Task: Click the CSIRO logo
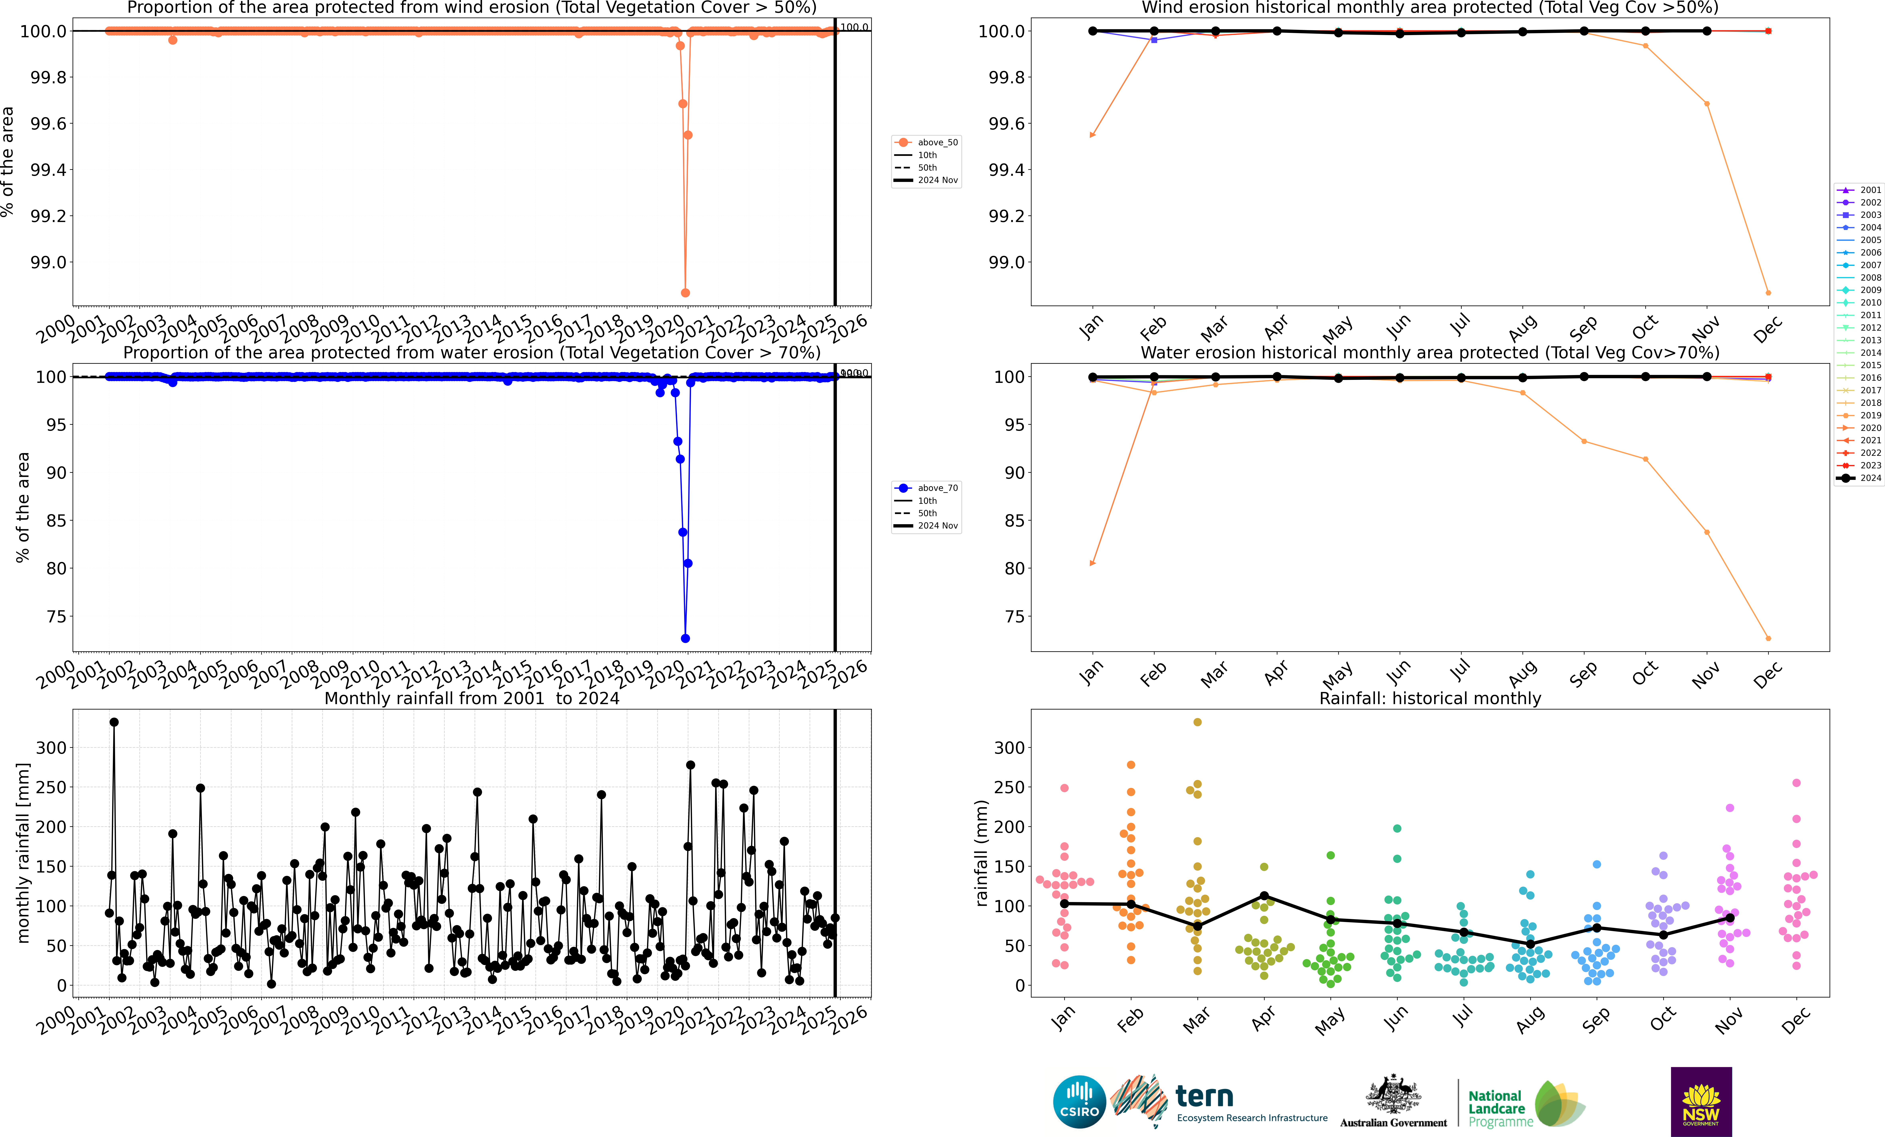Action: point(1079,1102)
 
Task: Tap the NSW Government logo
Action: point(1701,1102)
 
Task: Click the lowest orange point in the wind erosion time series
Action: point(685,293)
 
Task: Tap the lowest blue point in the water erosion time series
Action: point(685,639)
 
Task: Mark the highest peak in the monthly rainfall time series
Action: point(114,722)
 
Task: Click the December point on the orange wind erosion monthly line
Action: point(1768,293)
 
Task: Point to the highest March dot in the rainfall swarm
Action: point(1197,722)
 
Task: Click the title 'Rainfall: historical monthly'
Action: point(1430,698)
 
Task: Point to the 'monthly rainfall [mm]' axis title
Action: point(23,853)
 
